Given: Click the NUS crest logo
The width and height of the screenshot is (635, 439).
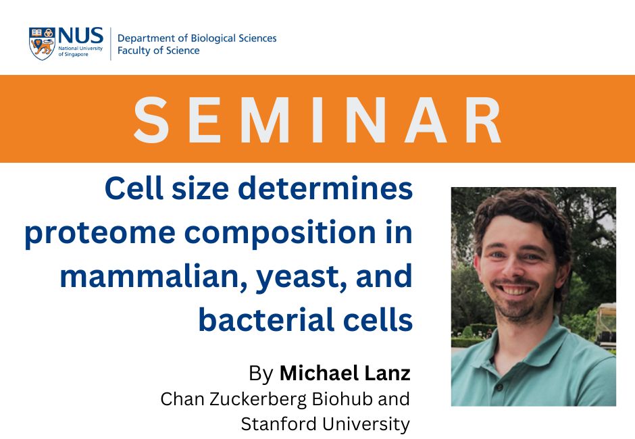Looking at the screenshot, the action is point(42,44).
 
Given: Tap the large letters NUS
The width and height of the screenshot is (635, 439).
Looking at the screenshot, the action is point(80,36).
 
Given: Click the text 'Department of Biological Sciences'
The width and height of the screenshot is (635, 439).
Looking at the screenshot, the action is point(197,38).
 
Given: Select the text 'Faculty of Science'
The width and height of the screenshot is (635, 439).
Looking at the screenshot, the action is point(158,51).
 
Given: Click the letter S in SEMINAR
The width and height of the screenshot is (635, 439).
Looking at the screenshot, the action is point(151,120).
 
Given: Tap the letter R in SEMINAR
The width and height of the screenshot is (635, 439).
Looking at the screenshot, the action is point(483,120).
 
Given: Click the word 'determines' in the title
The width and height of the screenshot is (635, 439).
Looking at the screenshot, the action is point(325,188).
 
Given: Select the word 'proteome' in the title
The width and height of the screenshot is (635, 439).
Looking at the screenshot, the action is point(100,234).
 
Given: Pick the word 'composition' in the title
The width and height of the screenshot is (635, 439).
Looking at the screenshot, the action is point(280,234).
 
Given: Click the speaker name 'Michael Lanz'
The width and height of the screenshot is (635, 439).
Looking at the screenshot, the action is point(345,373).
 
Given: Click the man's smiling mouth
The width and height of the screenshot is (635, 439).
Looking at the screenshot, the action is point(515,290).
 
